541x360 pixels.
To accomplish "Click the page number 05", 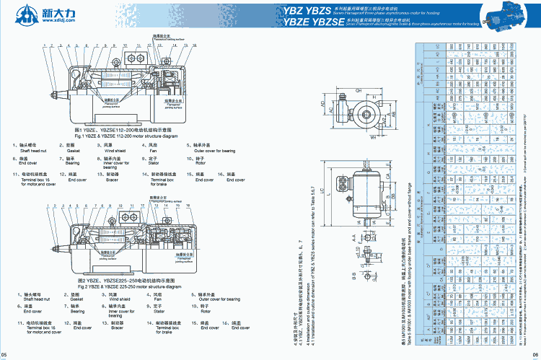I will click(5, 355).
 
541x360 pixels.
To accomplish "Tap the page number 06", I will click(535, 355).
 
